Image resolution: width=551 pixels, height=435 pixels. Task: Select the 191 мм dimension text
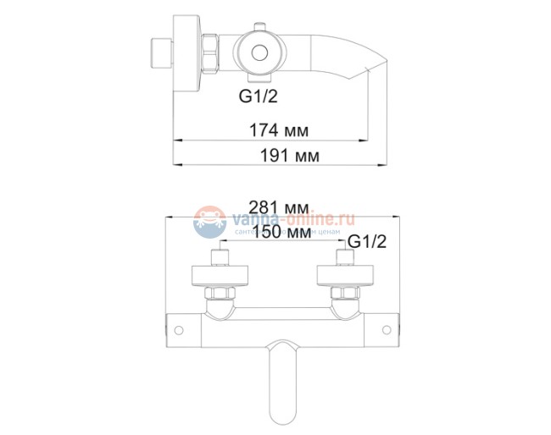[279, 157]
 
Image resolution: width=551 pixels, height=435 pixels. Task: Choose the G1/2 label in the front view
[367, 241]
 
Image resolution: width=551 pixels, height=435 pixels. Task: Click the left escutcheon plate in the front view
[220, 277]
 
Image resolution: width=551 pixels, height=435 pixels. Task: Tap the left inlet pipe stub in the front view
[220, 258]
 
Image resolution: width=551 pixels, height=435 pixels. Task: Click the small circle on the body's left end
[179, 328]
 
